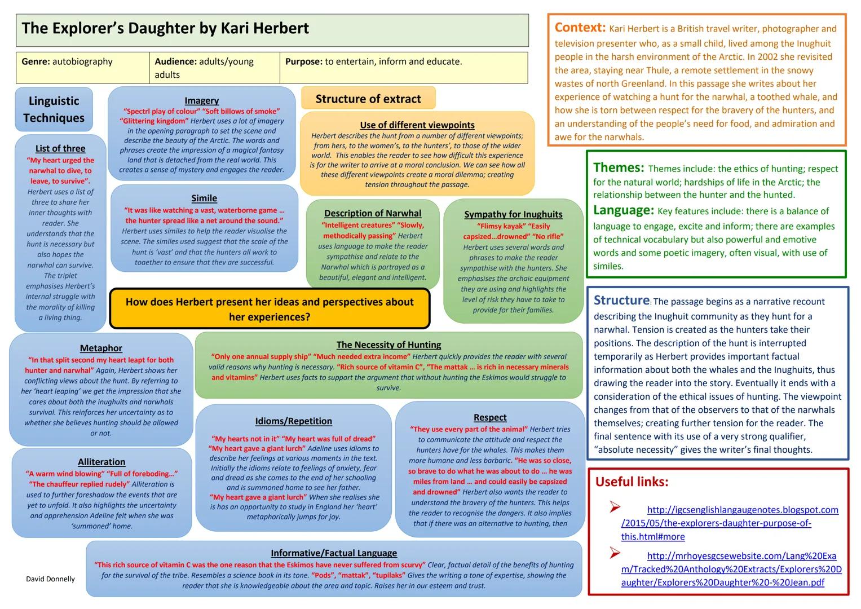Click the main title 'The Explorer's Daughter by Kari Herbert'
(165, 29)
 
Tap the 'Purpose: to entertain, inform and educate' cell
(373, 61)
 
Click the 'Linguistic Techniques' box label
(54, 109)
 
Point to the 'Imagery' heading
(201, 100)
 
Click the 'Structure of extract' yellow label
(368, 99)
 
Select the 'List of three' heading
(60, 148)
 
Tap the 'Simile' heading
(204, 198)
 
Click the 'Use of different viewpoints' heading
(417, 125)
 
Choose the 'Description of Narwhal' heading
(373, 213)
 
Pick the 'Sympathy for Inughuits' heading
(513, 214)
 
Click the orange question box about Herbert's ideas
(270, 309)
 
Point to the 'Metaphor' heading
(101, 348)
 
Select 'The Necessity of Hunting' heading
(388, 345)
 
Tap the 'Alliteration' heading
(101, 462)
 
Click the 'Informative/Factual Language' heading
(334, 553)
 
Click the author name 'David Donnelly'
(50, 579)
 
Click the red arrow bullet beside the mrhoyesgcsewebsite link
(615, 553)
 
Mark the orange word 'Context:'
(580, 27)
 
